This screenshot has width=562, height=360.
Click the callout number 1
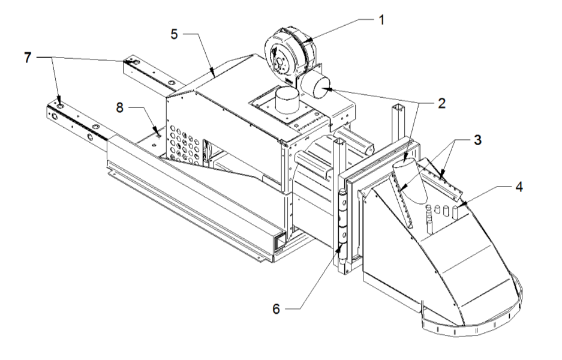[380, 19]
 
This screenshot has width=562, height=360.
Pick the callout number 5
[174, 34]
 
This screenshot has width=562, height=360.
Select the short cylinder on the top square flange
[284, 101]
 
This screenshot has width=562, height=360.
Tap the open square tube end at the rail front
[280, 241]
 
